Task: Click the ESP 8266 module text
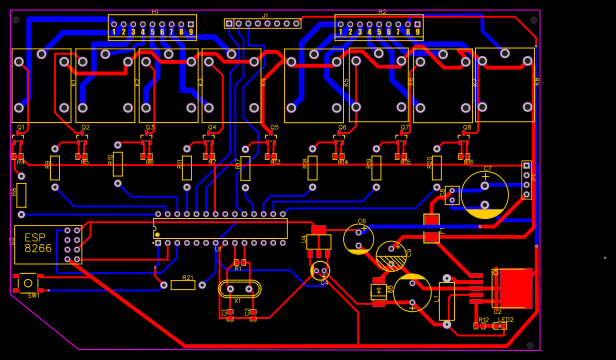coord(38,243)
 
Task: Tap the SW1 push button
coord(27,282)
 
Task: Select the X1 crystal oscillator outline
coord(238,289)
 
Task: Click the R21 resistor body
coord(183,285)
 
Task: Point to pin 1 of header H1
coord(114,31)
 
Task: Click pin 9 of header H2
coord(417,31)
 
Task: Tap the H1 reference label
coord(155,12)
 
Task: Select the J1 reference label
coord(265,15)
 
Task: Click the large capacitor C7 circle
coord(485,194)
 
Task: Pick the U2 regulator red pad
coord(516,288)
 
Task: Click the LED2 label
coord(506,320)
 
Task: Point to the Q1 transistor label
coord(21,128)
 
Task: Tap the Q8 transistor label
coord(467,128)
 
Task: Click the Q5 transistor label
coord(275,128)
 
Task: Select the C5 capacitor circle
coord(359,239)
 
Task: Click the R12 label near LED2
coord(484,320)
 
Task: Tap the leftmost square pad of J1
coord(229,23)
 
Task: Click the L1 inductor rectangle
coord(446,300)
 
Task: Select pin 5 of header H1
coord(153,31)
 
